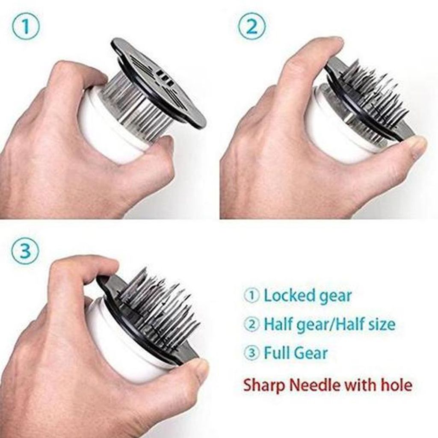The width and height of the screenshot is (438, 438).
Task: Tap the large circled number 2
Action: [252, 27]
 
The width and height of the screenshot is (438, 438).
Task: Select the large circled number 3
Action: [25, 251]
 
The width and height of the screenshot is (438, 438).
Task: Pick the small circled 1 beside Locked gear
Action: [252, 296]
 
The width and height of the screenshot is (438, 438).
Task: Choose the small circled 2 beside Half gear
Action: [252, 325]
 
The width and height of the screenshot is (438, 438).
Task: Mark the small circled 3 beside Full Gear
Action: [252, 353]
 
